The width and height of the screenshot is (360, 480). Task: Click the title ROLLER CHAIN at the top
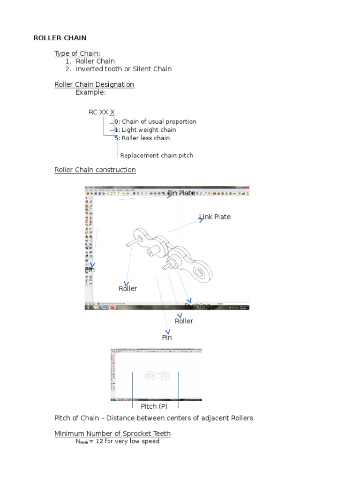(x=60, y=38)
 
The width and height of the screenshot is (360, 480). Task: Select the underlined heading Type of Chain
(x=77, y=53)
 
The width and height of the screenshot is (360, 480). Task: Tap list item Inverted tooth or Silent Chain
(x=124, y=69)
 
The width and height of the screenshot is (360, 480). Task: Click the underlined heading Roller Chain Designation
(x=94, y=84)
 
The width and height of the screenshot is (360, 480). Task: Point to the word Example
(x=90, y=92)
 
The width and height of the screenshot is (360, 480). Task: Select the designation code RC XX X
(x=101, y=112)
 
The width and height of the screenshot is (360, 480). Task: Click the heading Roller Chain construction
(x=95, y=170)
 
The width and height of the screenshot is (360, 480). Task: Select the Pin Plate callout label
(x=181, y=193)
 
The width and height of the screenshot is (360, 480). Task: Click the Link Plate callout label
(x=215, y=217)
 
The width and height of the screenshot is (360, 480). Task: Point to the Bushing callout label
(x=197, y=306)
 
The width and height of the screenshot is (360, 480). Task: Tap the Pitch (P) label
(x=154, y=406)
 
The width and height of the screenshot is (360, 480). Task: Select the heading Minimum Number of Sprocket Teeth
(x=112, y=433)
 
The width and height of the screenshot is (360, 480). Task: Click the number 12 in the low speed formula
(x=99, y=441)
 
